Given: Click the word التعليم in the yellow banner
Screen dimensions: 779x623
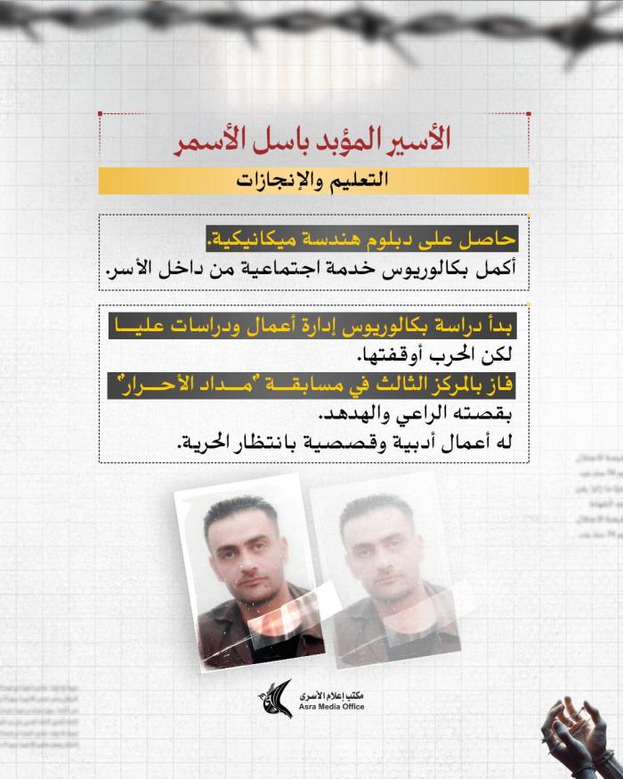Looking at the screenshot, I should (x=365, y=181).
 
